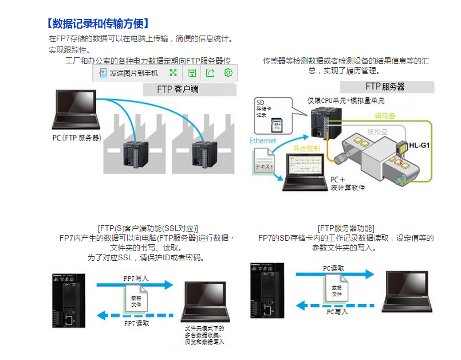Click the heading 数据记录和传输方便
[98, 24]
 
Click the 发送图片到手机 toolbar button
[128, 73]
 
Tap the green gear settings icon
[228, 73]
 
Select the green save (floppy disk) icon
[192, 73]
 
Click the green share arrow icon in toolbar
[210, 73]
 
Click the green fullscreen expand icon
[173, 73]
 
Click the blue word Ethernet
[263, 140]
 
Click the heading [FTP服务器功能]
[345, 228]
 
